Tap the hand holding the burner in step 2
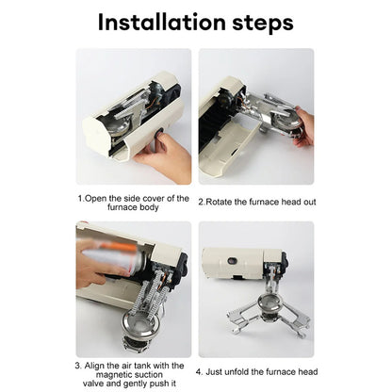click(304, 127)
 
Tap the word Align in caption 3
click(99, 364)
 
